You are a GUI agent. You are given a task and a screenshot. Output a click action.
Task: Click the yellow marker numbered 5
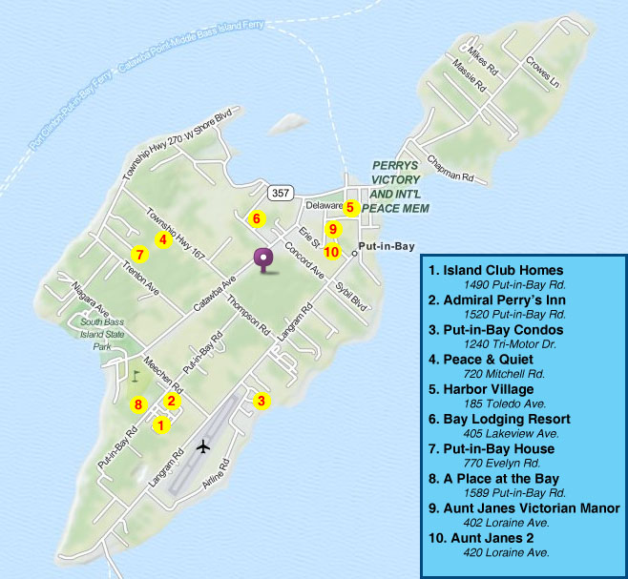350,207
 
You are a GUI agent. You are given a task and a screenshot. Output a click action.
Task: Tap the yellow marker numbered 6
256,218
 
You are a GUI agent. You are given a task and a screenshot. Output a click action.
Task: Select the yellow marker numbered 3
261,401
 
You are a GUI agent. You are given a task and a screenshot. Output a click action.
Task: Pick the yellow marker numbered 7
139,255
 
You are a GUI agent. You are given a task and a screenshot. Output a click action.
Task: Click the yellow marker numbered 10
331,252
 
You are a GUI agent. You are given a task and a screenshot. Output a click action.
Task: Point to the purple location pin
262,258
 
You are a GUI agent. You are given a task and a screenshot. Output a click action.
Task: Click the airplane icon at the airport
203,445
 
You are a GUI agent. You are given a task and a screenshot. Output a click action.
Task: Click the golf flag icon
135,375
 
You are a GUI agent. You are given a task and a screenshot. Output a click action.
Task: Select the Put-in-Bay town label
387,246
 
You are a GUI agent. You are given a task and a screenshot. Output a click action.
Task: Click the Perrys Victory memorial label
400,186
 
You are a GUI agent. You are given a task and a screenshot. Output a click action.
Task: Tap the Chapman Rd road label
450,169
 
